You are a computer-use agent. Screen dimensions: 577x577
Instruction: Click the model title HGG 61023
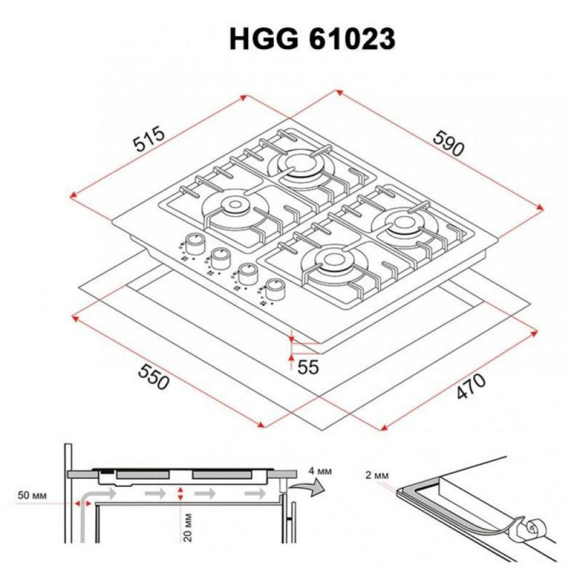click(312, 40)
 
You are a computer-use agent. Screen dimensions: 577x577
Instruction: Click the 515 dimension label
click(149, 139)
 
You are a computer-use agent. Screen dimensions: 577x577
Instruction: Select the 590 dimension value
click(448, 144)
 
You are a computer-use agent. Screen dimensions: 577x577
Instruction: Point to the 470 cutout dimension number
click(470, 387)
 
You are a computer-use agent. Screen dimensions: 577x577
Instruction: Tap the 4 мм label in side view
click(320, 471)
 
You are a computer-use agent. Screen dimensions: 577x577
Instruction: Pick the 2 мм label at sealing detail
click(376, 475)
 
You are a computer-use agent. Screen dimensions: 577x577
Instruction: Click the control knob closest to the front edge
click(275, 289)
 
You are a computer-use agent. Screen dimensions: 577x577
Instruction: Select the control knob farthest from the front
click(197, 243)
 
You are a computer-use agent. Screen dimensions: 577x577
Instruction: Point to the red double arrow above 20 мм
click(181, 493)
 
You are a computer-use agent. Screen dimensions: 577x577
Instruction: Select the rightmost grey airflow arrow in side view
click(254, 494)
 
